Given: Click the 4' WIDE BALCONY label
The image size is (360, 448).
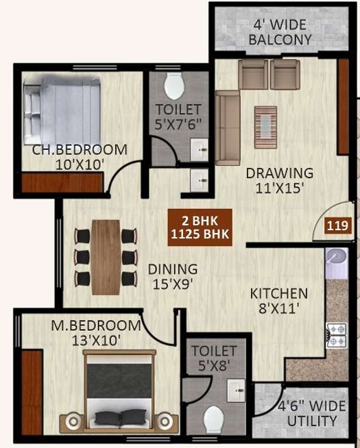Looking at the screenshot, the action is pyautogui.click(x=280, y=32).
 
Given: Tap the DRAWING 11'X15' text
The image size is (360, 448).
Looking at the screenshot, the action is pyautogui.click(x=280, y=181).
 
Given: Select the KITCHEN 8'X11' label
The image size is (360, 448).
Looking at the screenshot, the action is pyautogui.click(x=279, y=301).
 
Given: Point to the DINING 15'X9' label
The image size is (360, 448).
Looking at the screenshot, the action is pyautogui.click(x=173, y=277).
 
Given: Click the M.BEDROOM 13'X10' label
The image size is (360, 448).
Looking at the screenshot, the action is pyautogui.click(x=96, y=333).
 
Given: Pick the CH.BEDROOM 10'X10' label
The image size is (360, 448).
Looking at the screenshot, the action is pyautogui.click(x=80, y=157).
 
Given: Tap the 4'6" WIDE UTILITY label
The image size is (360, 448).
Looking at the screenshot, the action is pyautogui.click(x=312, y=414).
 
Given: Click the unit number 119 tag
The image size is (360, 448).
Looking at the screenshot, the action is pyautogui.click(x=337, y=226).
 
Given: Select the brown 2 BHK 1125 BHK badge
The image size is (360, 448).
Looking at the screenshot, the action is pyautogui.click(x=200, y=227).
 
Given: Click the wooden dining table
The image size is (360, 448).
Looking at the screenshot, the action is pyautogui.click(x=106, y=257).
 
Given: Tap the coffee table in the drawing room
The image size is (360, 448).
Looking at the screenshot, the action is pyautogui.click(x=265, y=127).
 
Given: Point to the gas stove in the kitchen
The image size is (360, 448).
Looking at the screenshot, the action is pyautogui.click(x=337, y=336).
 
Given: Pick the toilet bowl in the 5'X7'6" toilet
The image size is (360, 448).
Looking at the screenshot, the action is pyautogui.click(x=173, y=86).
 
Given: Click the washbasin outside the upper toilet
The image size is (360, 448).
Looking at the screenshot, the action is pyautogui.click(x=200, y=181).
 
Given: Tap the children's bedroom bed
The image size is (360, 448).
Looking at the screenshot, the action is pyautogui.click(x=62, y=111).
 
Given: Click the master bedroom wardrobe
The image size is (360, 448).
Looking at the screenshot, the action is pyautogui.click(x=32, y=393).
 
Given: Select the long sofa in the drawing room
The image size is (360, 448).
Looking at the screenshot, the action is pyautogui.click(x=228, y=128).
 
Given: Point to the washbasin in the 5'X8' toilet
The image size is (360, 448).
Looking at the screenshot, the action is pyautogui.click(x=236, y=390).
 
